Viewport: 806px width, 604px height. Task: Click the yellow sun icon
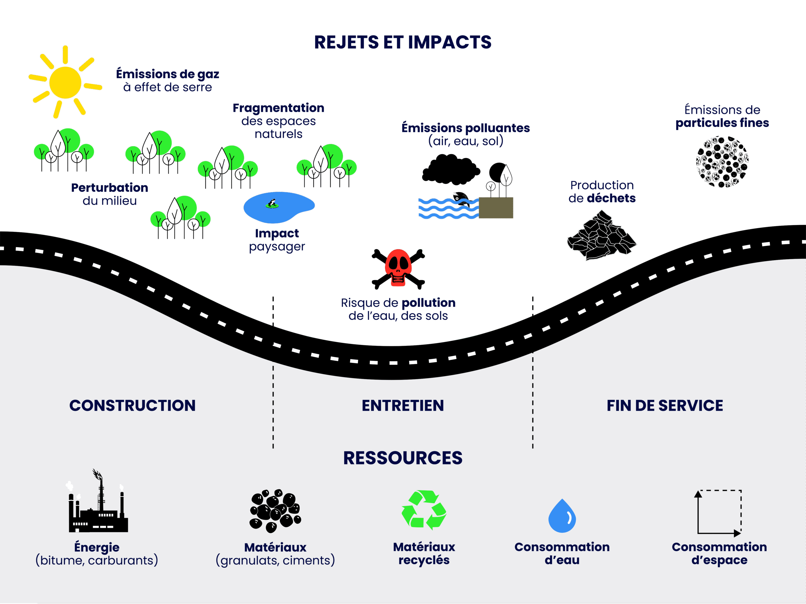[65, 82]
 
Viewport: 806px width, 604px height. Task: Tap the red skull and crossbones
[398, 269]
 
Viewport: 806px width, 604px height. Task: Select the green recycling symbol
[424, 510]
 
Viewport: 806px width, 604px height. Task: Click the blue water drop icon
[562, 517]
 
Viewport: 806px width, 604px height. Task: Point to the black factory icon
[98, 506]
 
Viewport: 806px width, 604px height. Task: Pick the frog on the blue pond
[272, 203]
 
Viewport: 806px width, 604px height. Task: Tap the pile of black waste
[601, 237]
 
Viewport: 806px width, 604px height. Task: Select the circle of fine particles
[722, 162]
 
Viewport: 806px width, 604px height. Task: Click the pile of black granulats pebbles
[275, 510]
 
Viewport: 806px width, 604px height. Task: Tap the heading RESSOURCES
[403, 458]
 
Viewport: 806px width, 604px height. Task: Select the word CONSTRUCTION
[132, 405]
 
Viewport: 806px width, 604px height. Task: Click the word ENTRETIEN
[403, 405]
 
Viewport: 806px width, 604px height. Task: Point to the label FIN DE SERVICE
[665, 405]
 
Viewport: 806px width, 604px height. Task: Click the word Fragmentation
[278, 108]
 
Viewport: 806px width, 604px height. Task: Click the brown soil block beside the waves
[496, 208]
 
